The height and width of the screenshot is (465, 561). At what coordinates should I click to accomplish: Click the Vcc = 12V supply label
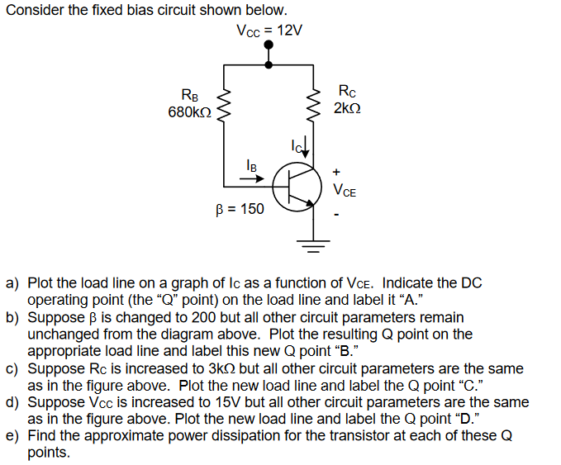click(269, 31)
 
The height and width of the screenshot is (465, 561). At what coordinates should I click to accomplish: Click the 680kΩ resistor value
click(189, 112)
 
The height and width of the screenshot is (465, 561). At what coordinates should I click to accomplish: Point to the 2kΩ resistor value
click(347, 108)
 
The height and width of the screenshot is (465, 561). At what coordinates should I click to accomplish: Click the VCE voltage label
click(345, 191)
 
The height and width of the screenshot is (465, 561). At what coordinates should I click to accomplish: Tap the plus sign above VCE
click(336, 172)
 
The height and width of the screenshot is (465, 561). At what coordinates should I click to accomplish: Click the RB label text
click(189, 93)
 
